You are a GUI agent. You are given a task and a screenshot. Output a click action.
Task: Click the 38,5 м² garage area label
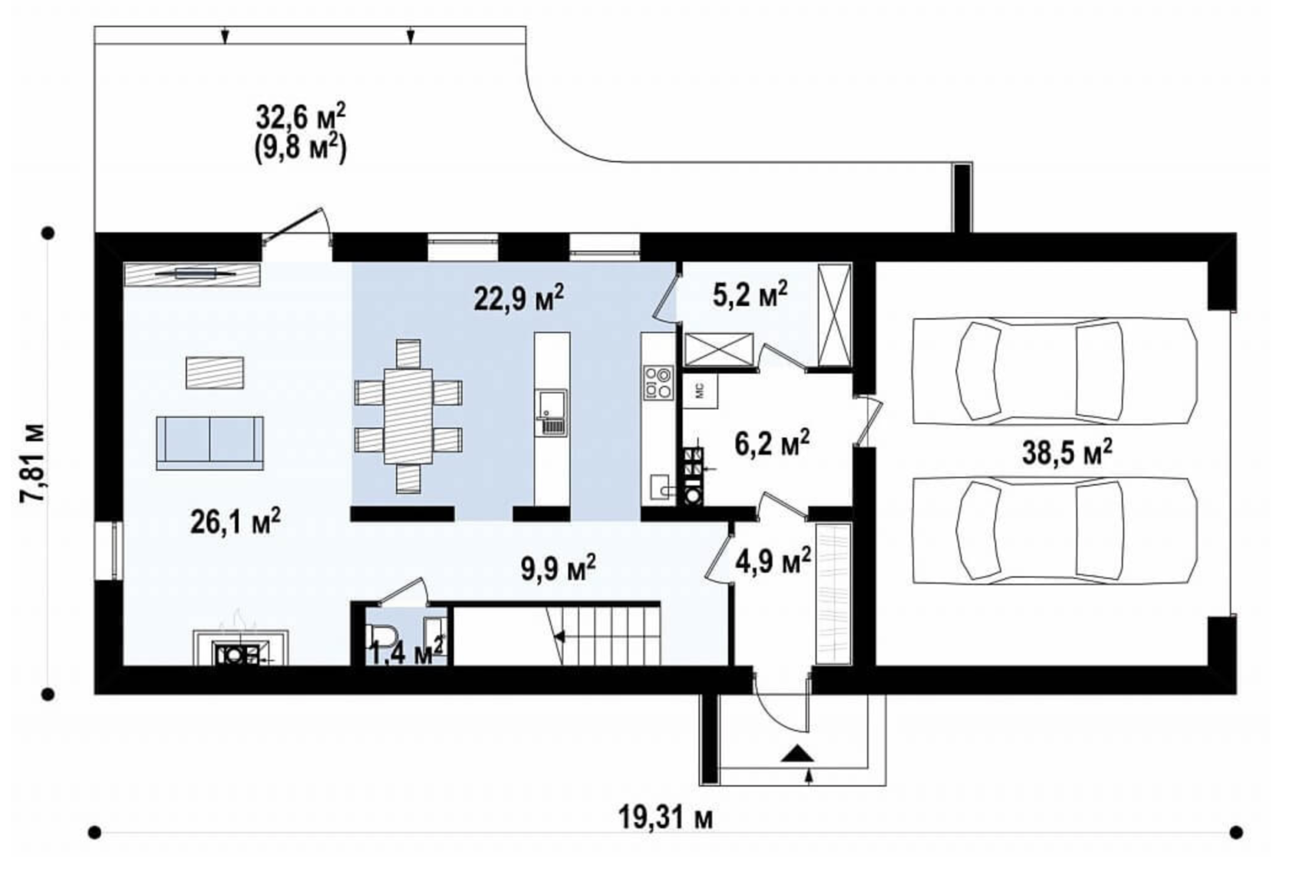[x=1066, y=453]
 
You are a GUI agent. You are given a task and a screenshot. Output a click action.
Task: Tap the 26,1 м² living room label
[x=236, y=521]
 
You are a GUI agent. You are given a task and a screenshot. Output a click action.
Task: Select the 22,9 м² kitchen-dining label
[x=519, y=298]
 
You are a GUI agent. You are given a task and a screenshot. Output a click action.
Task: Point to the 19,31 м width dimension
[x=665, y=817]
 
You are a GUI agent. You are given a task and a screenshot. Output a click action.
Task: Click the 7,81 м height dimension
[x=33, y=464]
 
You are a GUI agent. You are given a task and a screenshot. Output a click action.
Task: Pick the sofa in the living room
[x=210, y=443]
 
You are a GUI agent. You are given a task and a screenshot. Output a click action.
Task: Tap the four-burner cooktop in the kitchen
[x=658, y=383]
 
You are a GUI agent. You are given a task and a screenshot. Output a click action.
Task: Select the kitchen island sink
[x=552, y=411]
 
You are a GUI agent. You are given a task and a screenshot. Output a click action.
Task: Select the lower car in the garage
[x=1056, y=530]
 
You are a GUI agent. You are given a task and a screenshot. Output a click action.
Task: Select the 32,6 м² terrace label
[x=301, y=117]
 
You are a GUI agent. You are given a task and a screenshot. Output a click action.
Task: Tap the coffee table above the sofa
[x=214, y=372]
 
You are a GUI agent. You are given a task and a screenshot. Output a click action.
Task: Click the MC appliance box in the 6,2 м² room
[x=701, y=392]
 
